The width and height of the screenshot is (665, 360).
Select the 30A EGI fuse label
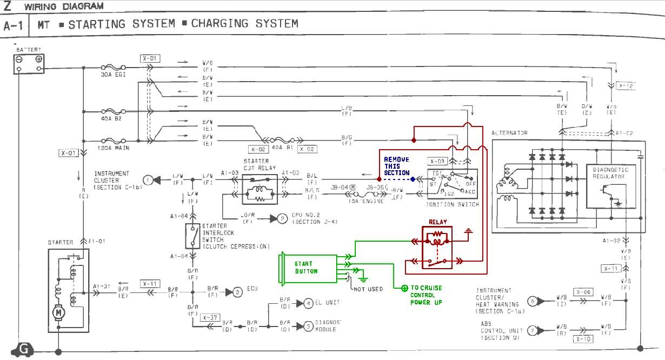click(x=114, y=75)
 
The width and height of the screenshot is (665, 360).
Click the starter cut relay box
click(x=260, y=189)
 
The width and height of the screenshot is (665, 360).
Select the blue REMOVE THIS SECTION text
click(x=397, y=166)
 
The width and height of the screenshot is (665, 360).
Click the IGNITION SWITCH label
click(x=454, y=205)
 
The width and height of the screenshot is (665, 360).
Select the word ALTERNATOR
click(x=509, y=133)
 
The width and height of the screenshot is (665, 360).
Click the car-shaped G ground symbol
click(x=22, y=350)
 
